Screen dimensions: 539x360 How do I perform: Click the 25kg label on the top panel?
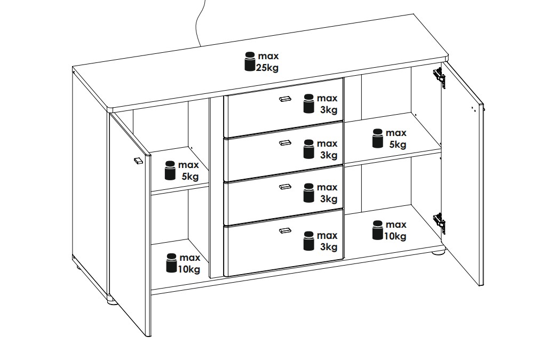pos(267,68)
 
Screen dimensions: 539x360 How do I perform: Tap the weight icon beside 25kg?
pos(250,61)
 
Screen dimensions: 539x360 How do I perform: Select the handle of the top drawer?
pos(285,99)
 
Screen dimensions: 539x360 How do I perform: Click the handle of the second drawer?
pos(285,142)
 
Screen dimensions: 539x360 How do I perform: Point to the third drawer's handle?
pos(285,187)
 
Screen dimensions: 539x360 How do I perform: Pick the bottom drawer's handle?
pos(285,230)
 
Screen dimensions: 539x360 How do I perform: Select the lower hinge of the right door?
pos(439,220)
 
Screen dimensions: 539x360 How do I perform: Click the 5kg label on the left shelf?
pos(190,177)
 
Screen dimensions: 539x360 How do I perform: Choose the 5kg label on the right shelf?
pos(398,145)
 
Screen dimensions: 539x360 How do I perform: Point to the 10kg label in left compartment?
pos(189,269)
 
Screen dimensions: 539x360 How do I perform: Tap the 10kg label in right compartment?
pos(395,236)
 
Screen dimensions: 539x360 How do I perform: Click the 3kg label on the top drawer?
pos(329,110)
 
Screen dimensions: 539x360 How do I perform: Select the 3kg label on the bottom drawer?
pos(329,247)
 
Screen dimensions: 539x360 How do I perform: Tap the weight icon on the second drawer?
pos(308,149)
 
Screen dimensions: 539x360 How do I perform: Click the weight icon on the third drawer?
pos(308,193)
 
